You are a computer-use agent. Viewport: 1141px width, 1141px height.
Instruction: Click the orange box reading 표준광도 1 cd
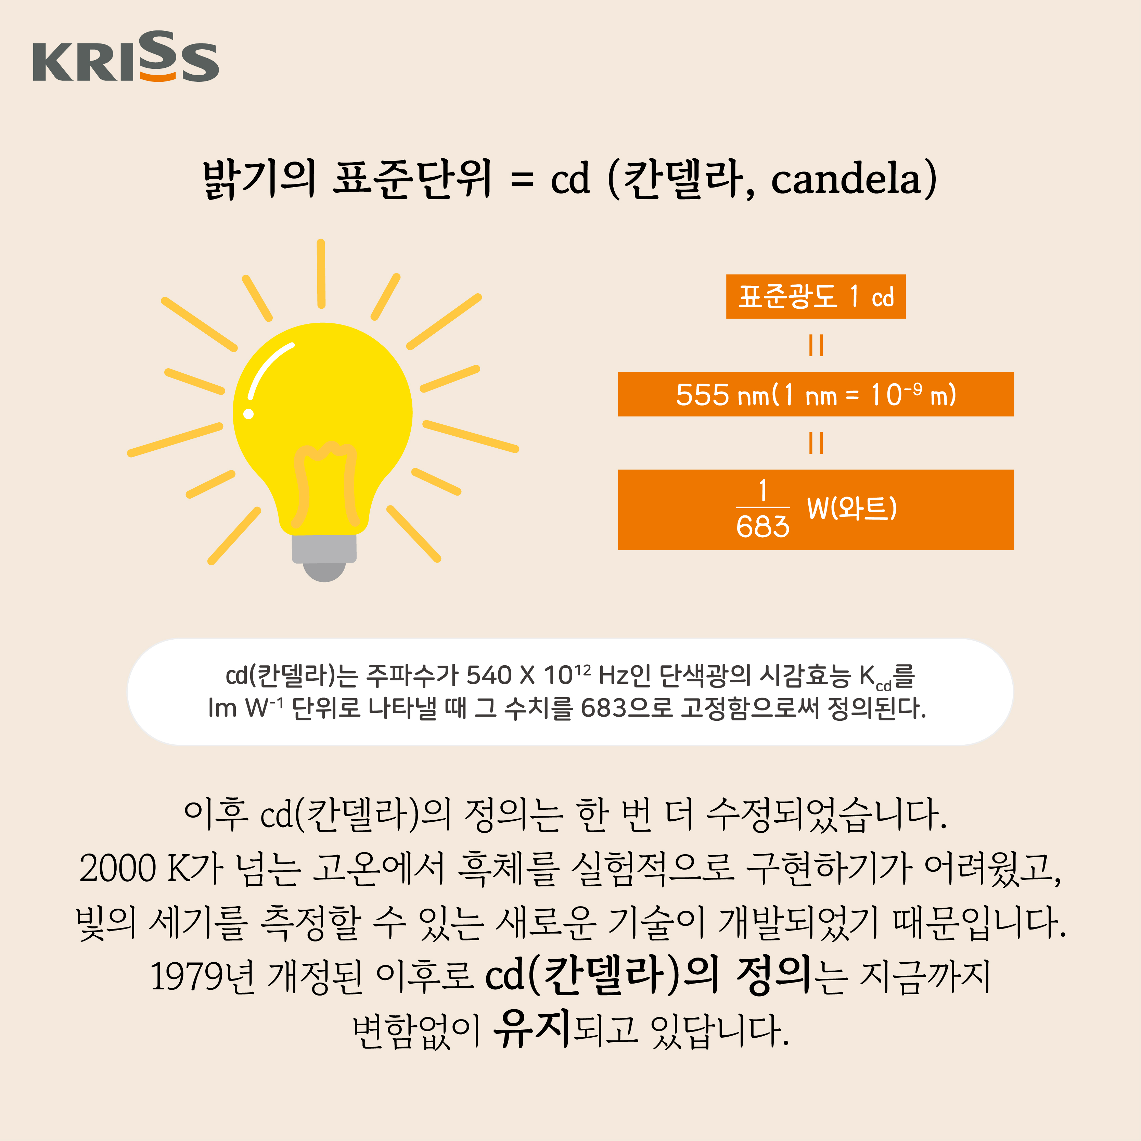[x=816, y=296]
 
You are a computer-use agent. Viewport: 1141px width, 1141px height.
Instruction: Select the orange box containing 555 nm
[x=816, y=394]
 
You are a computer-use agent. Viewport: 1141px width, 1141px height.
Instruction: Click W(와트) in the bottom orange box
[x=851, y=508]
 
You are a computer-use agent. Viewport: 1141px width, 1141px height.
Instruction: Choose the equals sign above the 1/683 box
[x=816, y=443]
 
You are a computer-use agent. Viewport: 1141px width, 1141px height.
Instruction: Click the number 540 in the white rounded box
[x=488, y=675]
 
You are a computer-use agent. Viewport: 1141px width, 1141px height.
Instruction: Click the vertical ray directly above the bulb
[x=321, y=273]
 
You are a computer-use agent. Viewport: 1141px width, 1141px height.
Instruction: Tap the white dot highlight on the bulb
[x=249, y=414]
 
